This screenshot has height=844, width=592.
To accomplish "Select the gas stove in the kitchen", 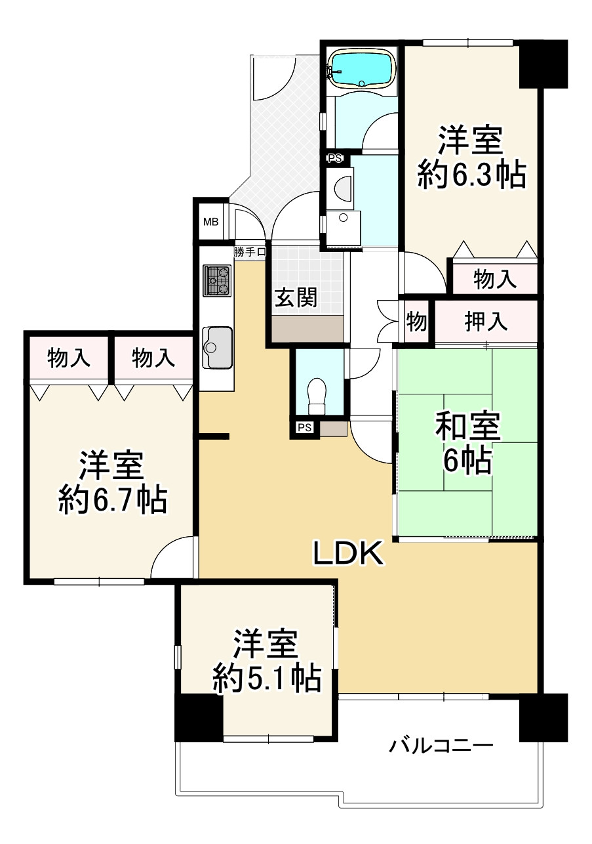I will coord(217,280).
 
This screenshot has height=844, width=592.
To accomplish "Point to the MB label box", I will coord(210,221).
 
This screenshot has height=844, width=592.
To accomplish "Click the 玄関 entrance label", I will coord(296,298).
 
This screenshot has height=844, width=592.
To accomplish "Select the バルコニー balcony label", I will coord(441,746).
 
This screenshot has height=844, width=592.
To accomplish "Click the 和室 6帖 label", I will coord(468,445).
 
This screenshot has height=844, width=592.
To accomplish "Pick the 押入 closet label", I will coord(486,322).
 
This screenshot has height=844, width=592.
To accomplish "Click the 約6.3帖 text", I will coord(472,175).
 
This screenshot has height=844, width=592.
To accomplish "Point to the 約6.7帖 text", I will coord(112,501).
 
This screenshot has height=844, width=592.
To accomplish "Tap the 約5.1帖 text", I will coord(267,679).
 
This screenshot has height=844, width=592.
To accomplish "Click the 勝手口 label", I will coord(249,251).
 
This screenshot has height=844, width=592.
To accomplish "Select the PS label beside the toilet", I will coord(304,428).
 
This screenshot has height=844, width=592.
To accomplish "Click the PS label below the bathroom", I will coord(335,158).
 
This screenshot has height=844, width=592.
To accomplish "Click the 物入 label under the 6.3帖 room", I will coord(495,280).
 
